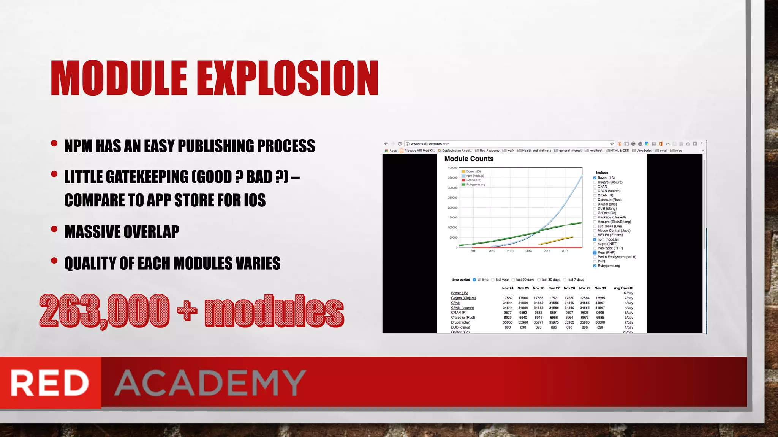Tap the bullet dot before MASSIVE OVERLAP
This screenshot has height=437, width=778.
pyautogui.click(x=54, y=229)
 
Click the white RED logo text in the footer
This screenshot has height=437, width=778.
pyautogui.click(x=50, y=383)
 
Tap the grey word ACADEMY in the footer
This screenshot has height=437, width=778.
pyautogui.click(x=210, y=383)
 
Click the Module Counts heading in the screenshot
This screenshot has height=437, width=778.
pyautogui.click(x=469, y=159)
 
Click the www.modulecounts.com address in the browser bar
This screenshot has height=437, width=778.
pyautogui.click(x=430, y=144)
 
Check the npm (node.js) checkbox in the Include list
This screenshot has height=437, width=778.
pyautogui.click(x=595, y=239)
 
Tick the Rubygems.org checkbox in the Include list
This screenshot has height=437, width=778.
pyautogui.click(x=595, y=266)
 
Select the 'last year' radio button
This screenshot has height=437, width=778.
pyautogui.click(x=493, y=280)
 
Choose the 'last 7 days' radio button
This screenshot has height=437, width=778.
pyautogui.click(x=565, y=280)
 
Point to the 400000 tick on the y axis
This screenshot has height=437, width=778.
pyautogui.click(x=452, y=168)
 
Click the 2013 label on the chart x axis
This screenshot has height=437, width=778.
pyautogui.click(x=510, y=251)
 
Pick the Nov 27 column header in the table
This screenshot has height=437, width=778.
pyautogui.click(x=554, y=288)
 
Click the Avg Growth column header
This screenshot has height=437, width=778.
pyautogui.click(x=623, y=288)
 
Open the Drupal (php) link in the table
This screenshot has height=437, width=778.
pyautogui.click(x=460, y=322)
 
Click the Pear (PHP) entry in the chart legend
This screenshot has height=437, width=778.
pyautogui.click(x=473, y=180)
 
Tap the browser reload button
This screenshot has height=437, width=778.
pyautogui.click(x=400, y=144)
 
